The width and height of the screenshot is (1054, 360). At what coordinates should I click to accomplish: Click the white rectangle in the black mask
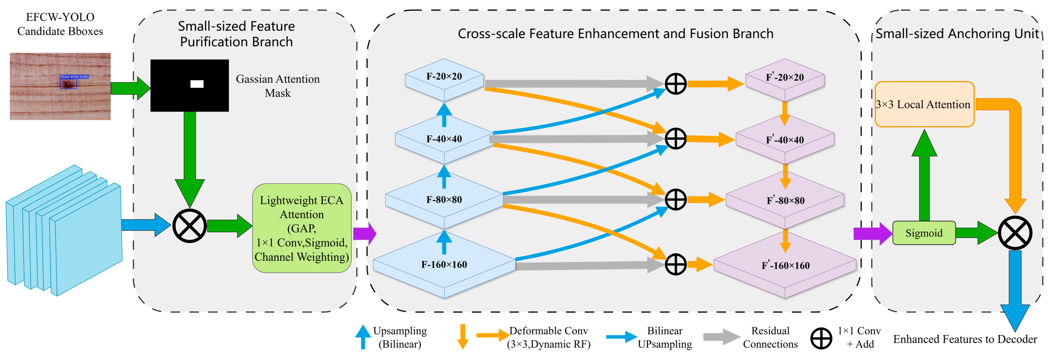[197, 84]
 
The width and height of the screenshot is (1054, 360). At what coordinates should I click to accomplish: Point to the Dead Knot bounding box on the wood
[68, 83]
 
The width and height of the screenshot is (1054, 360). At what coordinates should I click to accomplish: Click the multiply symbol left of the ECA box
[189, 226]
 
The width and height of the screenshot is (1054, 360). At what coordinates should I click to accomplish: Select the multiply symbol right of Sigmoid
[1015, 233]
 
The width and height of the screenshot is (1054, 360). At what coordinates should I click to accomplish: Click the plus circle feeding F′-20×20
[675, 84]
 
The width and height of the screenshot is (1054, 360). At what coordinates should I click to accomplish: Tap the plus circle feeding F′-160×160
[675, 264]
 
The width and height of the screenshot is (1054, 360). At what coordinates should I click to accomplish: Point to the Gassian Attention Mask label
[278, 86]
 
